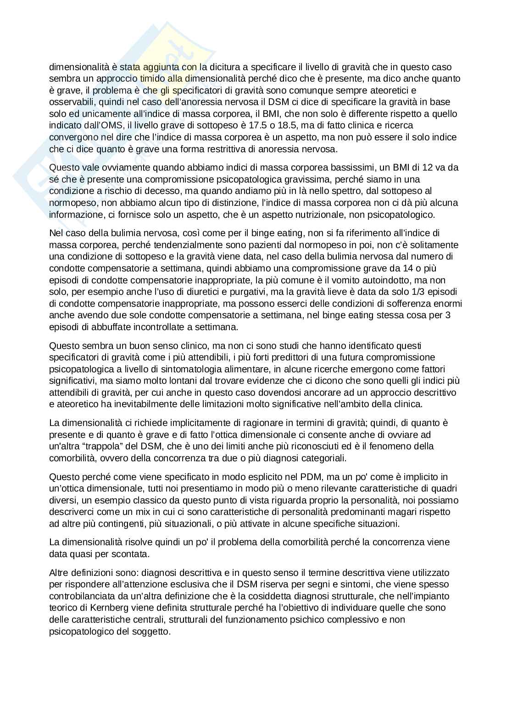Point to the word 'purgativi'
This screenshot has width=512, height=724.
pyautogui.click(x=250, y=292)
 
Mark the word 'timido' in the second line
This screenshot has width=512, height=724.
pyautogui.click(x=146, y=78)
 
